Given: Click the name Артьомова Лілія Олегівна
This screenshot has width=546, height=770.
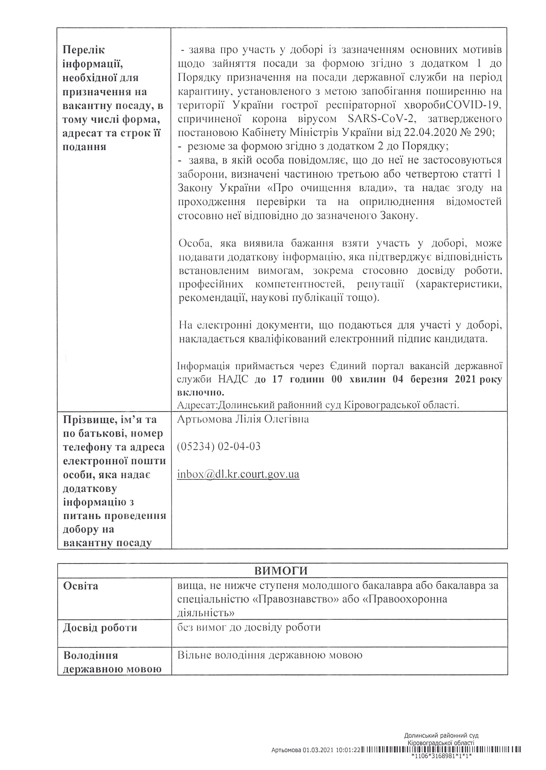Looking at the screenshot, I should click(x=243, y=419).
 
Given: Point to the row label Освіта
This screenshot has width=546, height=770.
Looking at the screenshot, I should click(x=81, y=586).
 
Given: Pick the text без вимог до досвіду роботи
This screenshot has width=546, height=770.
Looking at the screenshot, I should click(x=249, y=627).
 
